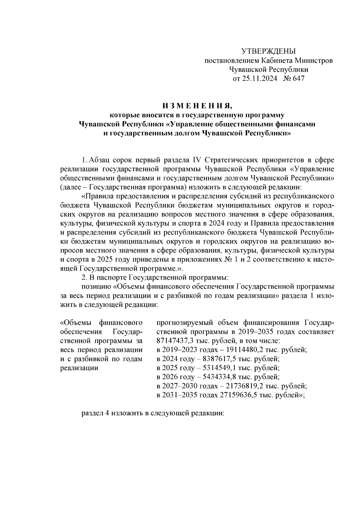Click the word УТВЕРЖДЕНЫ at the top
coord(268,51)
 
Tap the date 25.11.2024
coord(260,79)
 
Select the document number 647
coord(298,79)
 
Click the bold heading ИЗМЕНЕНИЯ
coord(197,106)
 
